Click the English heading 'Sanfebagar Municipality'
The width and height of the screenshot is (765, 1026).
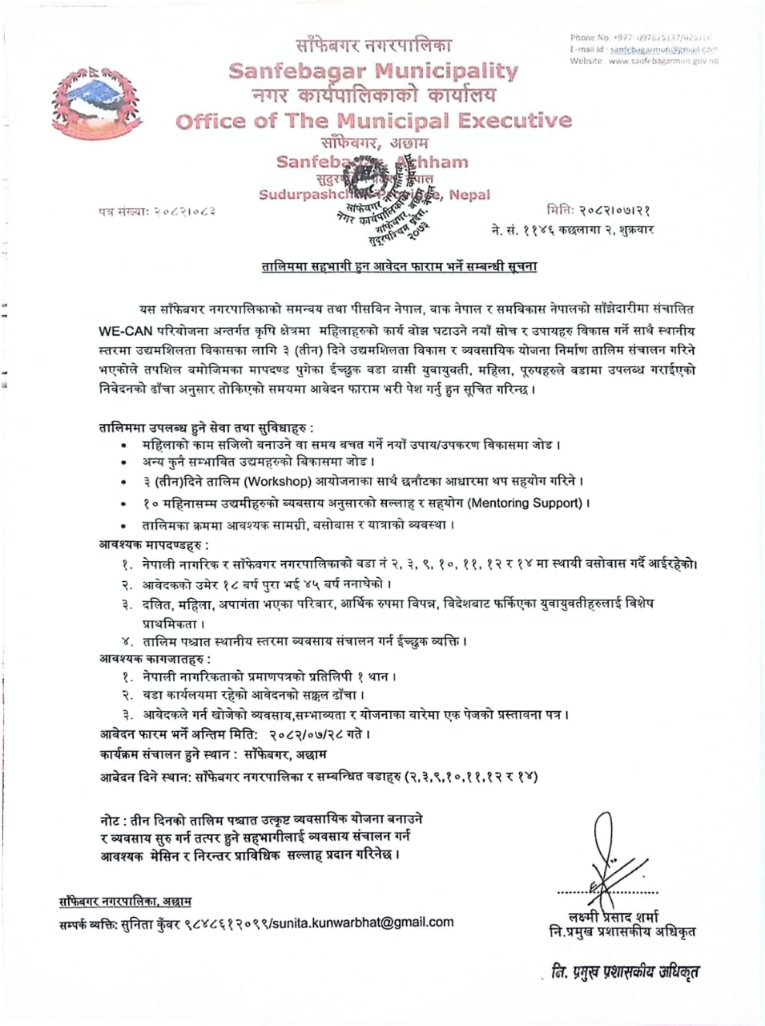[x=373, y=71]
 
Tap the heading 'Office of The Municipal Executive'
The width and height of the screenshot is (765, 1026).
[x=373, y=121]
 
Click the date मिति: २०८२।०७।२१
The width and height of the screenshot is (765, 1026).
[x=600, y=211]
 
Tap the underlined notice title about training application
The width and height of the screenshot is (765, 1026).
[x=399, y=266]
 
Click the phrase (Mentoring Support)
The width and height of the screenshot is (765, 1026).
[x=525, y=503]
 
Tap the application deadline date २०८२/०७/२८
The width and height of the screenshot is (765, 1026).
[x=308, y=734]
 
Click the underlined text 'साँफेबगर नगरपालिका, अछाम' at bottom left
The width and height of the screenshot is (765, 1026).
[x=125, y=902]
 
